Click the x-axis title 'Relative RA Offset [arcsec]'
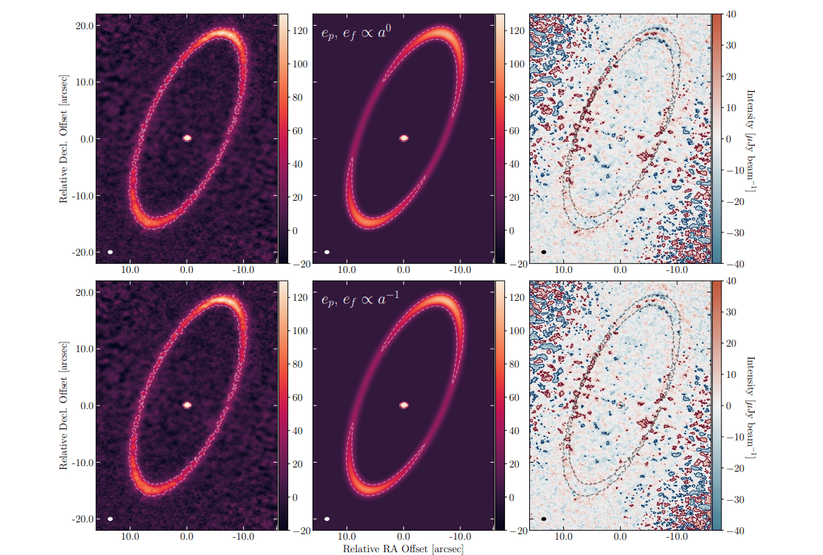[x=404, y=549]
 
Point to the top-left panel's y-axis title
[x=63, y=139]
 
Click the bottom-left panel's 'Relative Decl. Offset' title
[x=63, y=406]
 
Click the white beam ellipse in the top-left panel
[x=110, y=252]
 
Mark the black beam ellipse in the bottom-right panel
[x=544, y=519]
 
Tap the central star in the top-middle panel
[x=404, y=138]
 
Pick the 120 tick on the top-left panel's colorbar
[x=297, y=30]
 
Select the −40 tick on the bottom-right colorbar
[x=733, y=530]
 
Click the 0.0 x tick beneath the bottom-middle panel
[x=404, y=536]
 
